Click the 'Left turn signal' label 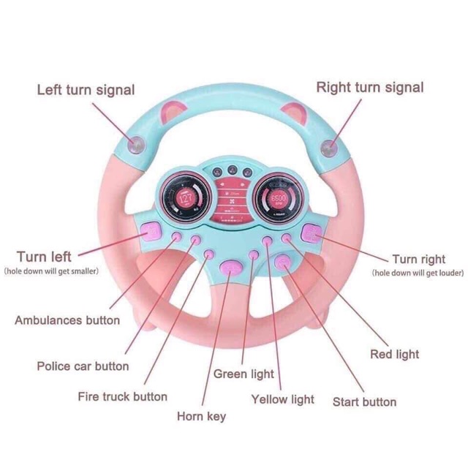click(x=86, y=90)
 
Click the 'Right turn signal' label click(x=369, y=88)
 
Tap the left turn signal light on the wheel click(x=137, y=145)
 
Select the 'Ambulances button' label click(x=67, y=320)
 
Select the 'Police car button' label click(x=83, y=366)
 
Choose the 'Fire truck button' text click(x=122, y=397)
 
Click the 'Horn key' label click(x=201, y=416)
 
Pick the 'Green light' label click(x=244, y=374)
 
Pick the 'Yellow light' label click(x=282, y=399)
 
